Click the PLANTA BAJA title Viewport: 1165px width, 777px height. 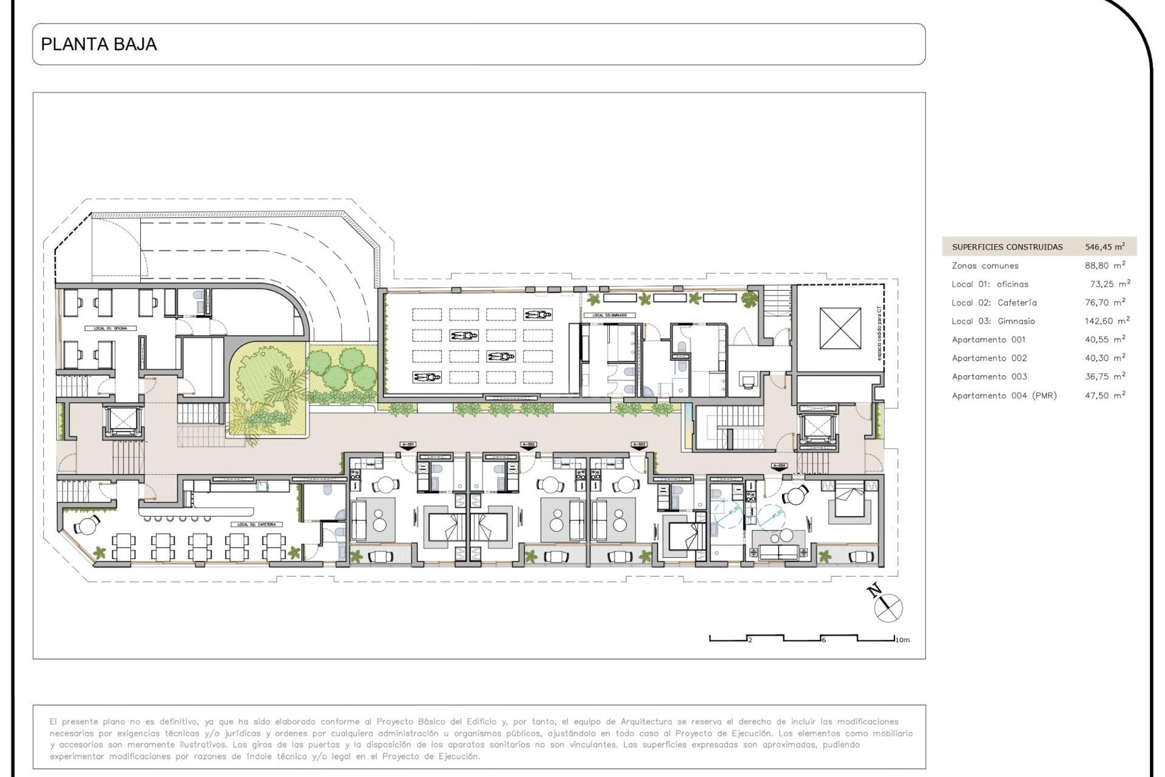coord(99,44)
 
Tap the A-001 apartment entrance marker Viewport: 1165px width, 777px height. coord(408,445)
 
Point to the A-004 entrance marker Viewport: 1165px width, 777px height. coord(780,466)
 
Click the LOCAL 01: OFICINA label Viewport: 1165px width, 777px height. coord(110,328)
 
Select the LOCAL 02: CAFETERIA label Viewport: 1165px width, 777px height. coord(257,524)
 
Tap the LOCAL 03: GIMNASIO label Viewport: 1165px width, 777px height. coord(609,316)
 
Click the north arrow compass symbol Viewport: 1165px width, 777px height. coord(888,606)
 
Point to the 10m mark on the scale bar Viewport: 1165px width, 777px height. coord(902,640)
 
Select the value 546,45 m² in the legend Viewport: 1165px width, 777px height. coord(1104,246)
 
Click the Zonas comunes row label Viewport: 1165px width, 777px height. coord(985,266)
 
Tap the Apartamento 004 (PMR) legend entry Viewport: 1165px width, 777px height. coord(1004,396)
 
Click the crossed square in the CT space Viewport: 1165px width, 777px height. coord(840,328)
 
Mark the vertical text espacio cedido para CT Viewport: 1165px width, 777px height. coord(879,334)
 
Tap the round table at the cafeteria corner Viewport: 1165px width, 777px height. coord(88,526)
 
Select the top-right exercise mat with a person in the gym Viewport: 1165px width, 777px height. coord(538,314)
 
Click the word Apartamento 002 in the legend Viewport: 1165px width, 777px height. coord(989,358)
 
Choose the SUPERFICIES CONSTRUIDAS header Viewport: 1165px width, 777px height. coord(1007,247)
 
